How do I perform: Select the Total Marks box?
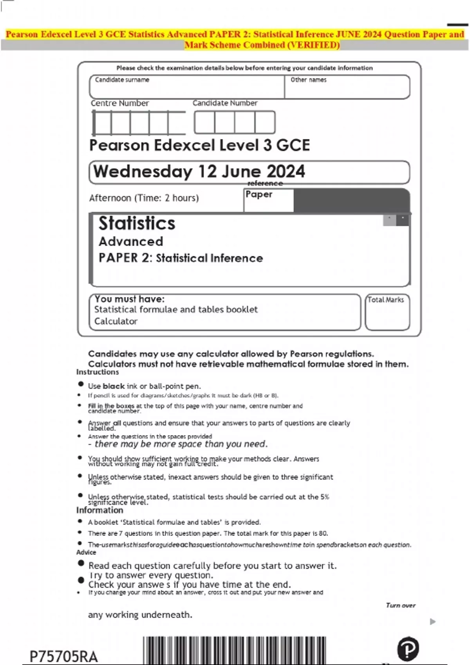[x=387, y=312]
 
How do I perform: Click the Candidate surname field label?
[x=122, y=80]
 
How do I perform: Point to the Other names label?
[x=308, y=80]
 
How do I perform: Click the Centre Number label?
[x=120, y=103]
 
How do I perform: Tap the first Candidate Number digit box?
[x=204, y=122]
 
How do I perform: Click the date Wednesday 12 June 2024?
[x=199, y=172]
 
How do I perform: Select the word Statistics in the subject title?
[x=137, y=223]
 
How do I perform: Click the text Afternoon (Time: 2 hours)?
[x=144, y=198]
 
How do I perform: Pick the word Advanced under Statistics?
[x=131, y=242]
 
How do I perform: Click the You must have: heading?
[x=129, y=299]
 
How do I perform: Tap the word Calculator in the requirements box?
[x=116, y=322]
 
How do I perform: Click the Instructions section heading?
[x=98, y=372]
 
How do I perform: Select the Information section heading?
[x=99, y=510]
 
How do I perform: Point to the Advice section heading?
[x=86, y=552]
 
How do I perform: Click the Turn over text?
[x=400, y=606]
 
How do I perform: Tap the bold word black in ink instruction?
[x=114, y=386]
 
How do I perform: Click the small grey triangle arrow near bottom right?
[x=432, y=622]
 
